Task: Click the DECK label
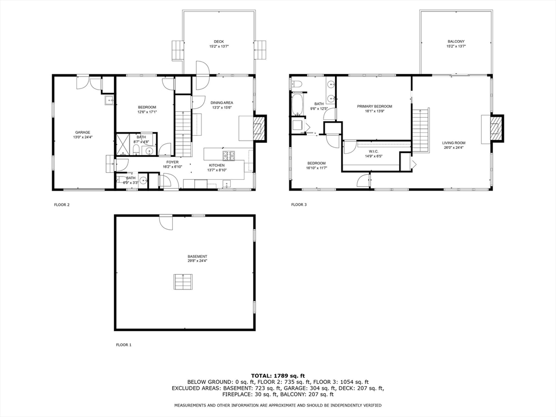218,42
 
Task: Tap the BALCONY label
456,42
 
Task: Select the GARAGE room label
83,132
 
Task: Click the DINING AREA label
222,103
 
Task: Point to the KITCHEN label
217,165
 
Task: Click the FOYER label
172,162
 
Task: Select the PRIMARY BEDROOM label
374,106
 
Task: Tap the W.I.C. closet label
374,151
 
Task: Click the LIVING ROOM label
453,143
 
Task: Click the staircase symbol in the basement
184,282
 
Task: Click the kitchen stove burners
229,156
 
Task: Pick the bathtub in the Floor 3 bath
298,105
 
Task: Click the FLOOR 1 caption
124,345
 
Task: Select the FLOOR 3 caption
299,205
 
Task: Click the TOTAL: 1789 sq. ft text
277,376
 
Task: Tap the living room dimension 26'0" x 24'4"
453,147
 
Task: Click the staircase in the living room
421,130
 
